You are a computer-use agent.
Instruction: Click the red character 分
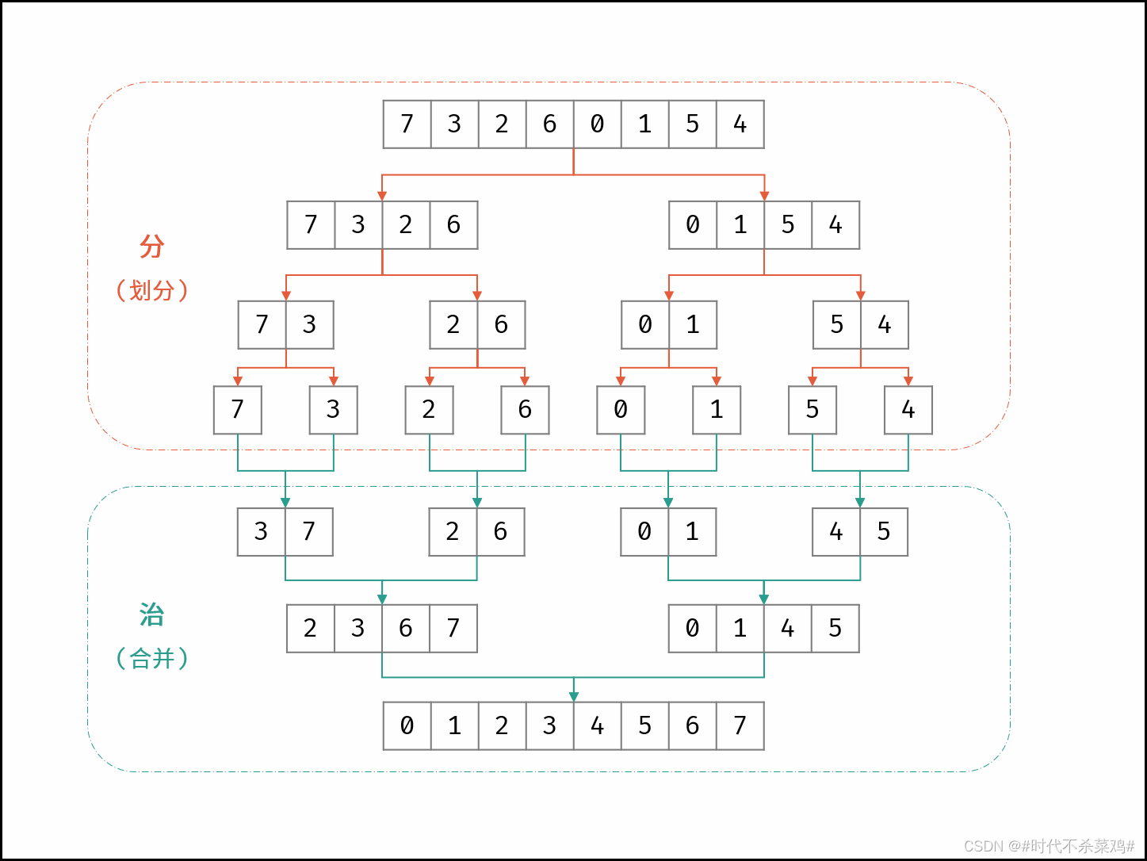(151, 247)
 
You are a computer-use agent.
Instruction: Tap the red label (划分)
(151, 290)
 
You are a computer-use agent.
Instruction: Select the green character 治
(151, 614)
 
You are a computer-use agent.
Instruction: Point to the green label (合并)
(151, 658)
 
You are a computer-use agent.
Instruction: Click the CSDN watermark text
(1050, 846)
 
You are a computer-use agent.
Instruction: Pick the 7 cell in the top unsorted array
(407, 124)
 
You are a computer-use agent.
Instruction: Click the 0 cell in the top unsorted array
(597, 124)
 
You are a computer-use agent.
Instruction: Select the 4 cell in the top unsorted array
(740, 124)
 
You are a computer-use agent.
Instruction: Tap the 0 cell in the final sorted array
(407, 725)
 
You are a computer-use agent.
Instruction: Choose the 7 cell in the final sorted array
(740, 725)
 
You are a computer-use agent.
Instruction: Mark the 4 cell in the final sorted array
(597, 725)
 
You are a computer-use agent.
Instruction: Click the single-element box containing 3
(333, 410)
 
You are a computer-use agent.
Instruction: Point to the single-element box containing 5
(812, 410)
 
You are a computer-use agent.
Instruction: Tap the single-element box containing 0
(621, 410)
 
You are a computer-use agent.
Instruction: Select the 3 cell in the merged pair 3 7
(261, 532)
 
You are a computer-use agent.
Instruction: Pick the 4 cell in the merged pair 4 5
(835, 532)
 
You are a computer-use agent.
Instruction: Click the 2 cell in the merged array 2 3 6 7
(310, 629)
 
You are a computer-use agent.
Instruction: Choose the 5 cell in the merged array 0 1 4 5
(835, 629)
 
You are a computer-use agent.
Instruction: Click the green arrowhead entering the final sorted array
(574, 696)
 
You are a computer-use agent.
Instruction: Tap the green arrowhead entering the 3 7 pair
(285, 503)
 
